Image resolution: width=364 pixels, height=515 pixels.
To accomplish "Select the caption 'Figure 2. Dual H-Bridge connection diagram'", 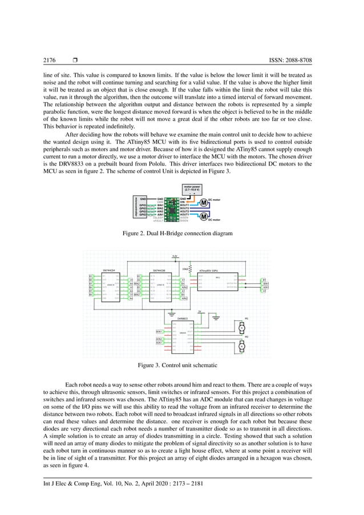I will coord(181,234).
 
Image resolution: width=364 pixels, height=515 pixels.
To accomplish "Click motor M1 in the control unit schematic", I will coord(241,328).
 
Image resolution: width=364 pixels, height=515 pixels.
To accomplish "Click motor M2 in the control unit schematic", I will coord(241,346).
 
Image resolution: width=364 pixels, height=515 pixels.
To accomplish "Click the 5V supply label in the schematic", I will coord(199,312).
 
